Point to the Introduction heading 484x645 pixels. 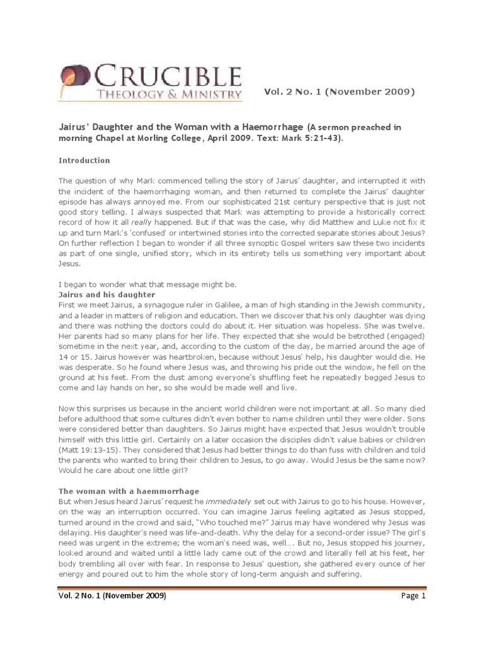click(84, 160)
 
